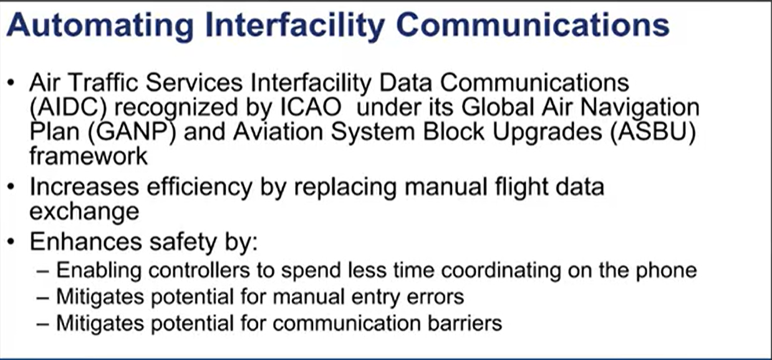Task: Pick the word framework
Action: (88, 156)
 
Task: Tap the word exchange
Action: (85, 211)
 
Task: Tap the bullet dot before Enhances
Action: (11, 243)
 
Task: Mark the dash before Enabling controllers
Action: (44, 271)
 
